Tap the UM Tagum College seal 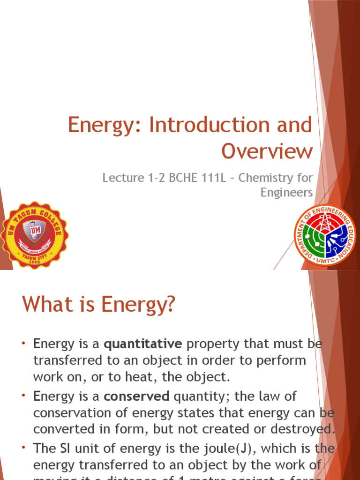pyautogui.click(x=34, y=235)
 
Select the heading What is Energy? pyautogui.click(x=98, y=305)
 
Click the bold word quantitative pyautogui.click(x=143, y=345)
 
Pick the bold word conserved pyautogui.click(x=137, y=396)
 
